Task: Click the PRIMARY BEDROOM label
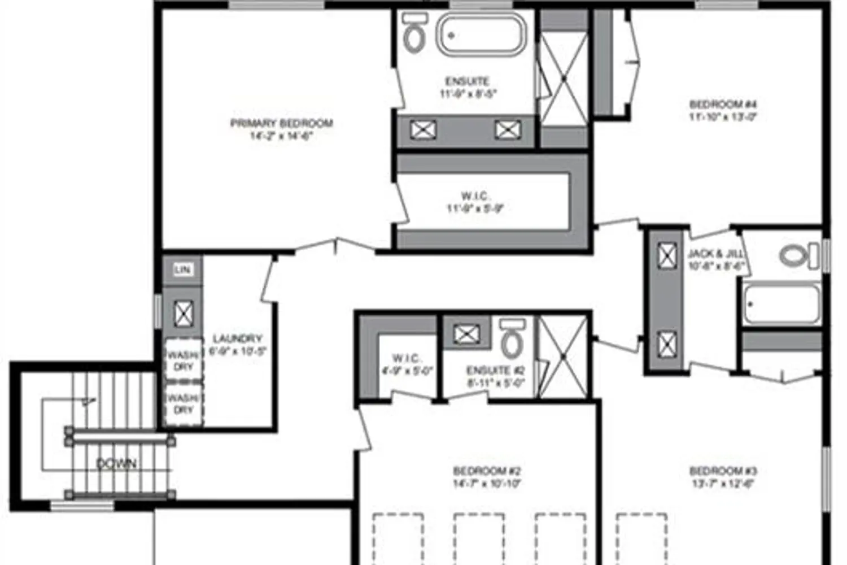point(281,124)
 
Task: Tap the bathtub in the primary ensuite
point(482,35)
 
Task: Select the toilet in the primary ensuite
point(415,34)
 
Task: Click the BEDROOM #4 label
point(723,105)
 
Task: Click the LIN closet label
point(182,270)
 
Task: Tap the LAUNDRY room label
point(237,339)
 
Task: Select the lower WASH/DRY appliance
point(184,404)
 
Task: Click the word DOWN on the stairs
point(116,464)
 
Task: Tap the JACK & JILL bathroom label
point(715,254)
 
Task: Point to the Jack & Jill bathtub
point(781,305)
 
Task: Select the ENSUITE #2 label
point(495,371)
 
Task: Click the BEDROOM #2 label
point(486,471)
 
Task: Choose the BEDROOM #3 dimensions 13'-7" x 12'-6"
point(723,484)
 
